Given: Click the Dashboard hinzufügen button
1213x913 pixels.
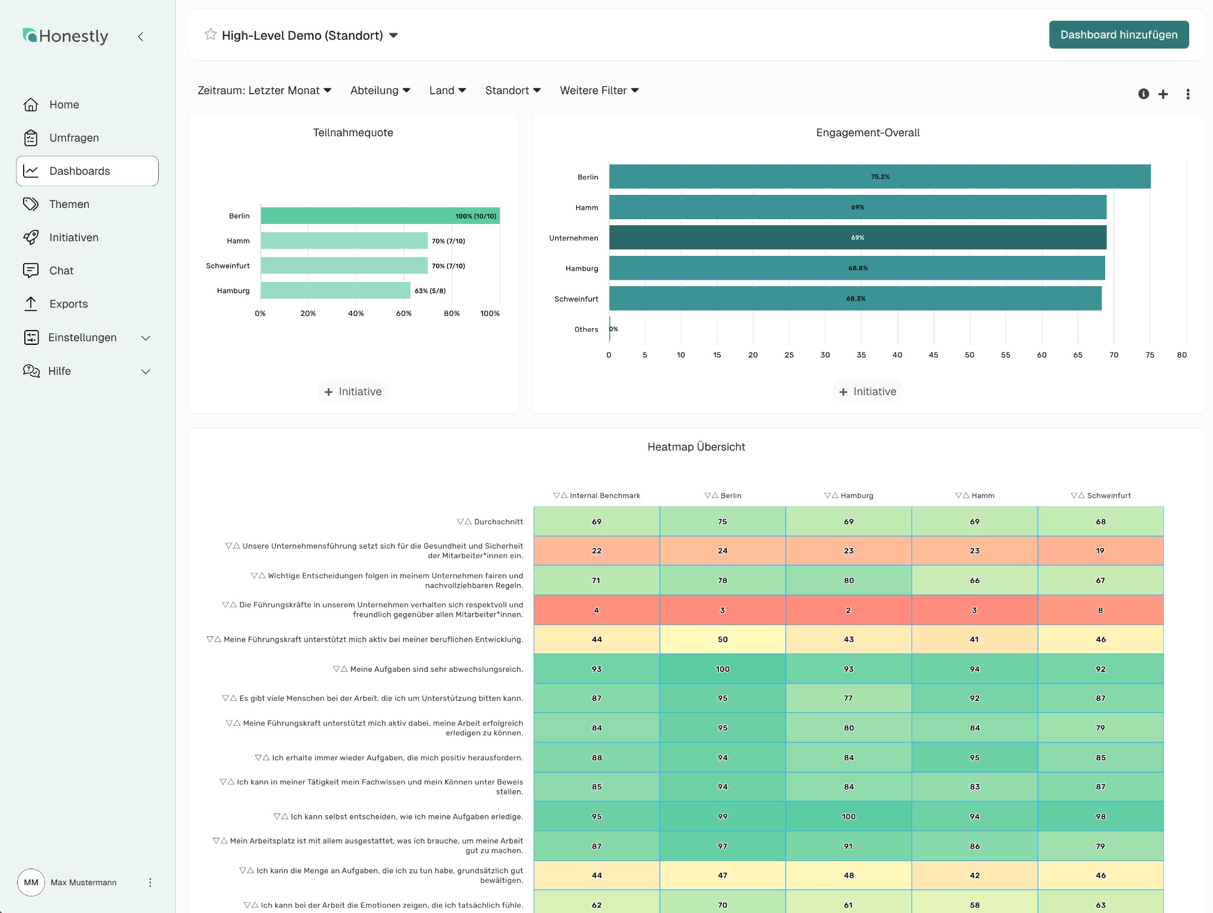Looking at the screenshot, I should coord(1118,35).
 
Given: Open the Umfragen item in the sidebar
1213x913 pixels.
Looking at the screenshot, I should coord(74,138).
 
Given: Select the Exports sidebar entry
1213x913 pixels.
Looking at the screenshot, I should coord(68,304).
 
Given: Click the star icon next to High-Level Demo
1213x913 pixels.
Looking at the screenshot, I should coord(210,34).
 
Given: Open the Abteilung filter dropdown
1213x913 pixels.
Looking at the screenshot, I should coord(380,91).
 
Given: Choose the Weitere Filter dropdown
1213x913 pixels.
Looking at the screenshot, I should coord(599,91).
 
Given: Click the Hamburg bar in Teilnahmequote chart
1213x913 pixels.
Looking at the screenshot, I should coord(335,291).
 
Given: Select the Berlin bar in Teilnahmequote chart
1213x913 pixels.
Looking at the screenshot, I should coord(380,216).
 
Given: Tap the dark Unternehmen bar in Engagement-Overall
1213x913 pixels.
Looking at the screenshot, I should coord(857,238).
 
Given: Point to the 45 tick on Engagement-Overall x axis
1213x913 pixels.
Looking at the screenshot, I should coord(933,355).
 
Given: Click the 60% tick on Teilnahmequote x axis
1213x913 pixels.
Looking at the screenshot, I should coord(404,313).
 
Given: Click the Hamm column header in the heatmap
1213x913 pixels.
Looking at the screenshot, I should coord(974,496).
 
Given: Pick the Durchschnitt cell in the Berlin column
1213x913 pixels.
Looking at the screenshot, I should coord(723,522).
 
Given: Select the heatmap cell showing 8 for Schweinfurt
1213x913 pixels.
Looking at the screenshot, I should coord(1100,610).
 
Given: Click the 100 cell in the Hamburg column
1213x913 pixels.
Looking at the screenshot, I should coord(849,816).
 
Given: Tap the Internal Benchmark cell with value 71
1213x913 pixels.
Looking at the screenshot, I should coord(596,581).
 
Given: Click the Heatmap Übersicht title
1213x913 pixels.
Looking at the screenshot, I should coord(696,447).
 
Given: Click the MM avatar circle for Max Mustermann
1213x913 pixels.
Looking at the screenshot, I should coord(31,882).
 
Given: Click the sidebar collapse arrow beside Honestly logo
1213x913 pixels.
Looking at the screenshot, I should coord(141,37).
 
